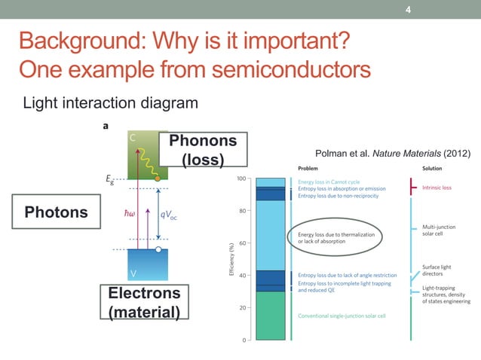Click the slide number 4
click(409, 10)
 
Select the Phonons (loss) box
click(203, 150)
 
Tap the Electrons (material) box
click(144, 302)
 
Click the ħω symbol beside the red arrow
click(129, 214)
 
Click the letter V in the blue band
click(133, 272)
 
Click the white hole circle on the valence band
click(158, 249)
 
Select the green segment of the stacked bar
click(270, 316)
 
